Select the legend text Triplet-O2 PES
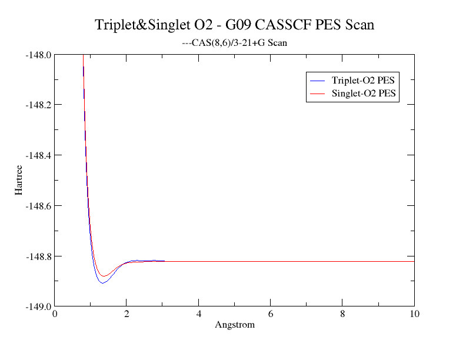[x=363, y=80]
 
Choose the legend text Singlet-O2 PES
[x=363, y=94]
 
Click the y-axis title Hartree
[x=19, y=181]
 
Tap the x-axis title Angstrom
[x=235, y=325]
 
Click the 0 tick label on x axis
[x=55, y=314]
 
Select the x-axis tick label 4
[x=199, y=314]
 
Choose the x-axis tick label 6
[x=271, y=314]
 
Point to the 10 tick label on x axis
[x=414, y=314]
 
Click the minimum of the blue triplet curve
[x=102, y=283]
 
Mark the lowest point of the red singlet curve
[x=104, y=276]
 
